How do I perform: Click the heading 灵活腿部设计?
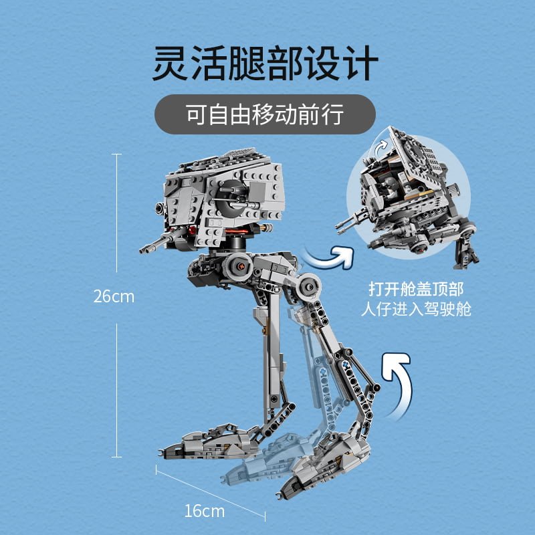(x=265, y=64)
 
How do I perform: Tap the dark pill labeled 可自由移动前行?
(x=265, y=114)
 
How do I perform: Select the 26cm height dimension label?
(x=114, y=296)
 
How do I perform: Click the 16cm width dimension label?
(x=205, y=511)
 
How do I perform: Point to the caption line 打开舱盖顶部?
(x=416, y=290)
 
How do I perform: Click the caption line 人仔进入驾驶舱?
(x=416, y=310)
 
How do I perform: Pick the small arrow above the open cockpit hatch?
(x=381, y=148)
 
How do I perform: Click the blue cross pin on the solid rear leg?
(x=345, y=364)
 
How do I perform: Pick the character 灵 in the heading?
(x=171, y=64)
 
